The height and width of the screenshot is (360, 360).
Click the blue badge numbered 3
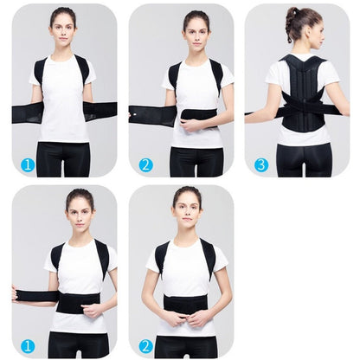coord(261,164)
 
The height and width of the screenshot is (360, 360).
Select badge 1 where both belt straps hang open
coord(28,164)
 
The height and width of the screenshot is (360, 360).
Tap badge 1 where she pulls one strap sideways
coord(28,345)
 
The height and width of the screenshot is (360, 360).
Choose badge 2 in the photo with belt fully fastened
coord(145,345)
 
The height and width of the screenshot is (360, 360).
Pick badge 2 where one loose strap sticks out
coord(145,164)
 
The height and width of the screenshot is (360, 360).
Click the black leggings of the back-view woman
coord(303,160)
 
